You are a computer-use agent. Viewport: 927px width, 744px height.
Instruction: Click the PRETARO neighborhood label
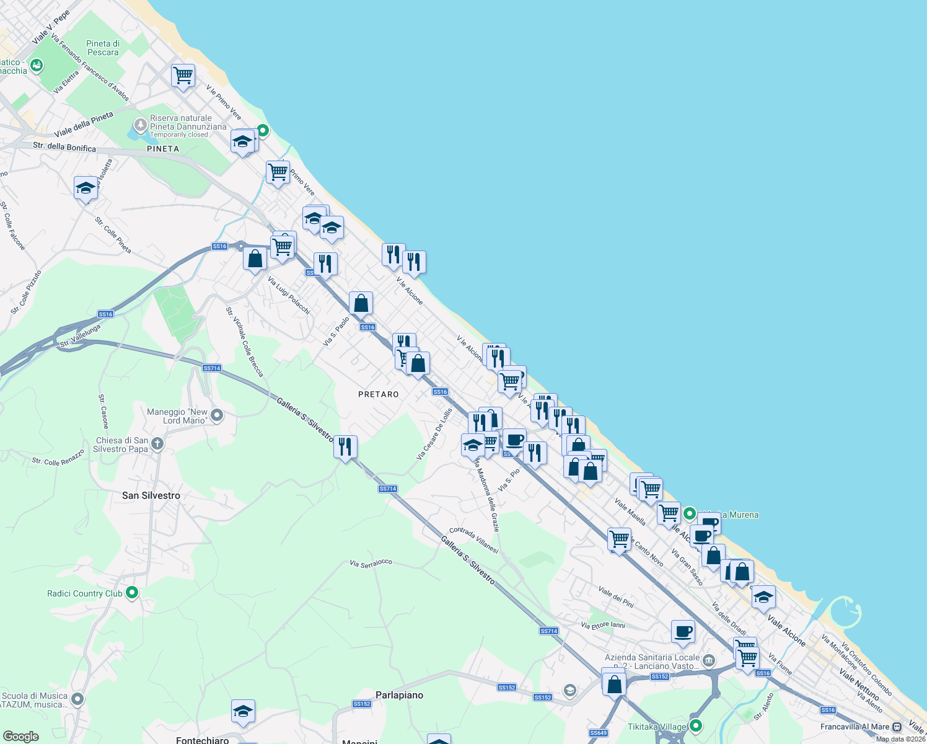coord(378,394)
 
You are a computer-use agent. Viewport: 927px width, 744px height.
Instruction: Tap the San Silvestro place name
coord(151,495)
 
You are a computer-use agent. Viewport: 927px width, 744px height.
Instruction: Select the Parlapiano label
coord(399,695)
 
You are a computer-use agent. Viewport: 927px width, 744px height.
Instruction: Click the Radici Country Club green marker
coord(132,593)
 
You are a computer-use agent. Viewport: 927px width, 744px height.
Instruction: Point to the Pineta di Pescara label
coord(103,48)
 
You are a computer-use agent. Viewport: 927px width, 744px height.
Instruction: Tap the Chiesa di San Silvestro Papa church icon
coord(157,443)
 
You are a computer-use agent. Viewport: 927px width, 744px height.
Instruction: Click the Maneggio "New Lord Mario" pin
coord(217,415)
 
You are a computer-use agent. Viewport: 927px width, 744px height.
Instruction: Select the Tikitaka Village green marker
coord(696,725)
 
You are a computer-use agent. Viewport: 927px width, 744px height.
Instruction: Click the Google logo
coord(20,736)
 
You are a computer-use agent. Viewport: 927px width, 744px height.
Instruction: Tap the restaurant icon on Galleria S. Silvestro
coord(345,446)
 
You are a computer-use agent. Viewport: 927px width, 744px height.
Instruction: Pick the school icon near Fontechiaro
coord(243,711)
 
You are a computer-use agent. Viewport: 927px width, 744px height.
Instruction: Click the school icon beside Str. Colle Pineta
coord(86,188)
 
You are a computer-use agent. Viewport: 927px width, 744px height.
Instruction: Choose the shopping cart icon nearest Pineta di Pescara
coord(183,76)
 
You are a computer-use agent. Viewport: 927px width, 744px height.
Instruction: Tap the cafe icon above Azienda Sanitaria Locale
coord(683,632)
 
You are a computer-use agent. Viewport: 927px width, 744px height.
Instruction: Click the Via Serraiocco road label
coord(371,563)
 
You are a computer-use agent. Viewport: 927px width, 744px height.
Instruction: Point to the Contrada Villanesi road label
coord(474,539)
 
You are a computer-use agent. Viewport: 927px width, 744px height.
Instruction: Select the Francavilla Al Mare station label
coord(855,727)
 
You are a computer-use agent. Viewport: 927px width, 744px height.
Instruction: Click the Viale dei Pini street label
coord(616,596)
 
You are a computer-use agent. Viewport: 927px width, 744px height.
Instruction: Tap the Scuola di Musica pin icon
coord(77,699)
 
